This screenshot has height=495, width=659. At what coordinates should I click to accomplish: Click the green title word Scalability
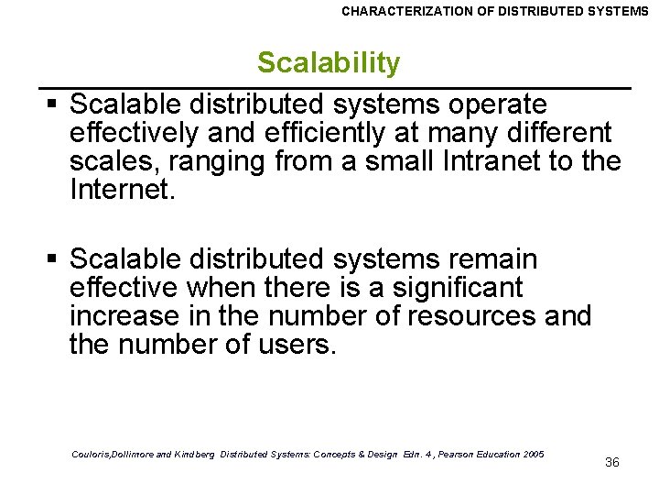[329, 63]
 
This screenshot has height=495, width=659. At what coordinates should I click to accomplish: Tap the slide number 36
[612, 462]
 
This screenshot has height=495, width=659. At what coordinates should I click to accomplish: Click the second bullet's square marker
[56, 259]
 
